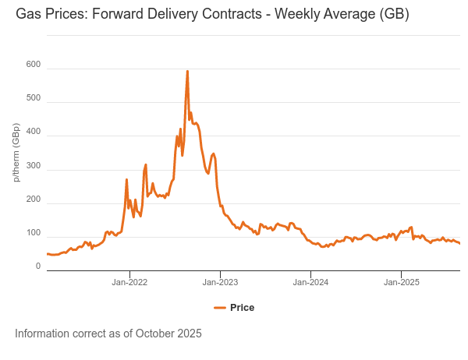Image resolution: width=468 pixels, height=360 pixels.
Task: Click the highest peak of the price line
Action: (187, 72)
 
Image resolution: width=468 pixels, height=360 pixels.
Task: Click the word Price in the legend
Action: (243, 307)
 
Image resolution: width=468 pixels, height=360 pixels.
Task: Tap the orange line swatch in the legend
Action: (219, 307)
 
